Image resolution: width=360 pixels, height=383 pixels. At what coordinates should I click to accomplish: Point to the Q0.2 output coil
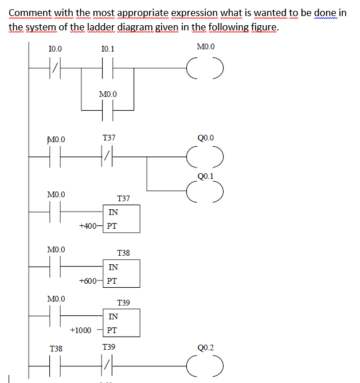(x=205, y=365)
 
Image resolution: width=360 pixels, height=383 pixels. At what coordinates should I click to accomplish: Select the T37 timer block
(x=121, y=218)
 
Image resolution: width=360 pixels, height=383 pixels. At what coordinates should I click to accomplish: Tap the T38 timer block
(x=121, y=273)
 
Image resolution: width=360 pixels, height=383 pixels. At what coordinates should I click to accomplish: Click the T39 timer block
(x=121, y=323)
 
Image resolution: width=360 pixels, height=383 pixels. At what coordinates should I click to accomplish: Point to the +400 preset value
(x=88, y=226)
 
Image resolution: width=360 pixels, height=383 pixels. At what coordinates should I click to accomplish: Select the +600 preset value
(x=88, y=281)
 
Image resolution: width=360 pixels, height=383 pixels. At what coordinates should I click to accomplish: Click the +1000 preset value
(x=80, y=331)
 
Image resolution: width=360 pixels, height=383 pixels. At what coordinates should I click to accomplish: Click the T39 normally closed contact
(x=108, y=365)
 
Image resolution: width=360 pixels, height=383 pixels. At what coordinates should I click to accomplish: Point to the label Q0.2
(x=205, y=347)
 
